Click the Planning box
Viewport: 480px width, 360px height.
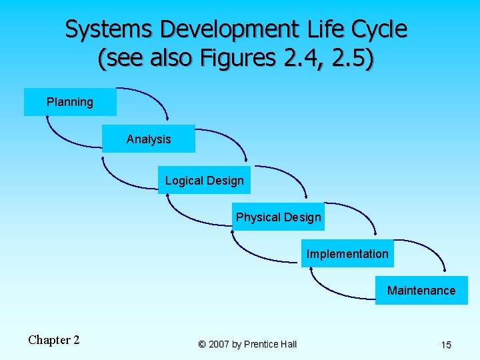[x=70, y=102]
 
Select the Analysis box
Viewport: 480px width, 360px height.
[x=149, y=139]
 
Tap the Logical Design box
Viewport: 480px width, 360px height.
[x=204, y=181]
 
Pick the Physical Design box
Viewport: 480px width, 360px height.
[x=278, y=217]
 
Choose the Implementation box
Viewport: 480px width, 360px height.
[x=347, y=254]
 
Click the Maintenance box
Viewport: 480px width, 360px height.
[x=421, y=291]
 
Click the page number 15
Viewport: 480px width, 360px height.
[x=446, y=345]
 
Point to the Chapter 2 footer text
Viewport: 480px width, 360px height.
[x=54, y=340]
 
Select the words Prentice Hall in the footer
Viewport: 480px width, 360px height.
[x=270, y=345]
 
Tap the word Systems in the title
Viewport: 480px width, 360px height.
[x=109, y=29]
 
